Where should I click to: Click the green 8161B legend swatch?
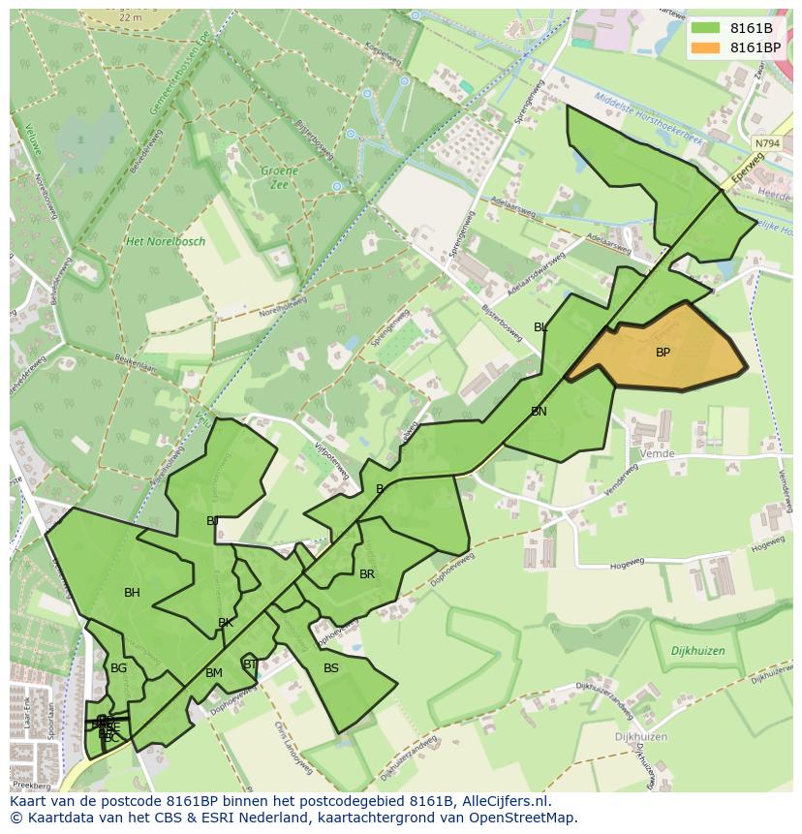705,28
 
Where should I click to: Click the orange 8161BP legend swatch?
705,47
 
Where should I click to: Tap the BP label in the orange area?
663,353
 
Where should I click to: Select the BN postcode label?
539,412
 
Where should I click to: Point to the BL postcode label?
540,327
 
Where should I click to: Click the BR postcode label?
367,574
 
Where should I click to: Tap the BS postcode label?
331,668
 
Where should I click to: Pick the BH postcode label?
132,593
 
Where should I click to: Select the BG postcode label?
118,668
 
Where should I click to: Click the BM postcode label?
214,673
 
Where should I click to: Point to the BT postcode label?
250,664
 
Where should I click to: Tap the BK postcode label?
225,623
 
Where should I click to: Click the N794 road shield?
766,143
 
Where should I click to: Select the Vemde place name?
657,453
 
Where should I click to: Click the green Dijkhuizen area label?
697,652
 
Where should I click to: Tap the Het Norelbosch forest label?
166,241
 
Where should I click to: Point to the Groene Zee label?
279,177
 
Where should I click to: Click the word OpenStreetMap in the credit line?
528,818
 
